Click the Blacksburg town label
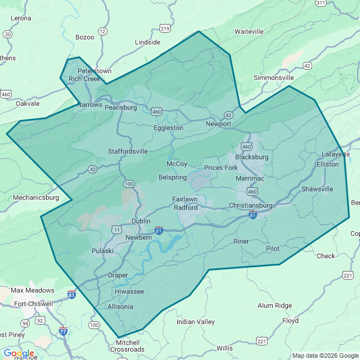(251, 157)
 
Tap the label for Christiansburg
(250, 205)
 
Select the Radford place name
(186, 207)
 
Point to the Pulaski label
(103, 250)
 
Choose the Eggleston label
(168, 128)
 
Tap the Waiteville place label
(249, 31)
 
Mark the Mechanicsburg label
(35, 197)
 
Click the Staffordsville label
(128, 151)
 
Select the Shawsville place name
(317, 189)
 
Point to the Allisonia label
(120, 307)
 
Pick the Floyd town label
(290, 321)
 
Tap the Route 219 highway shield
(165, 28)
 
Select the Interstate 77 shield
(63, 331)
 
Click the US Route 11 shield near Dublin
(116, 229)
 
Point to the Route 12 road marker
(102, 31)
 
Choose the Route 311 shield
(321, 3)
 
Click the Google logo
(19, 353)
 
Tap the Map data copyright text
(325, 355)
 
